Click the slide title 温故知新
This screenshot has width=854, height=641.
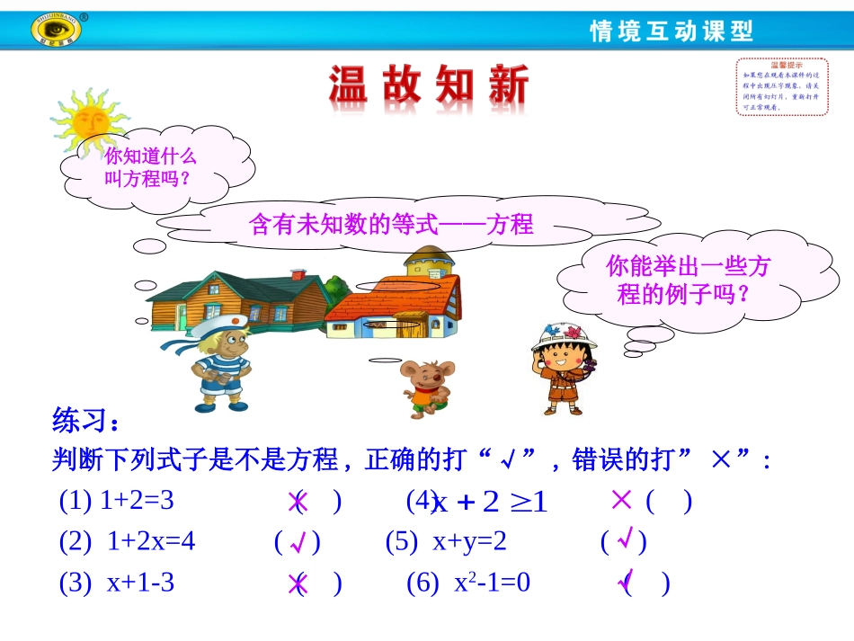coord(429,88)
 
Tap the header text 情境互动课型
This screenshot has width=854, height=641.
coord(671,31)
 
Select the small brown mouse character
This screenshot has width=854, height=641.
coord(425,387)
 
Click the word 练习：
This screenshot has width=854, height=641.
coord(85,420)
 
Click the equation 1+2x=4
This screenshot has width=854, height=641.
coord(151,542)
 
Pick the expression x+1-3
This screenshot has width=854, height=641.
coord(140,583)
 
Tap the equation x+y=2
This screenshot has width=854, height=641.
coord(469,542)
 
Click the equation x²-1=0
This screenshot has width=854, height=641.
coord(493,583)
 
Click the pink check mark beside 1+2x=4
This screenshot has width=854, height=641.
coord(299,543)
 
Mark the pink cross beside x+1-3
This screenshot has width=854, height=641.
coord(297,585)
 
